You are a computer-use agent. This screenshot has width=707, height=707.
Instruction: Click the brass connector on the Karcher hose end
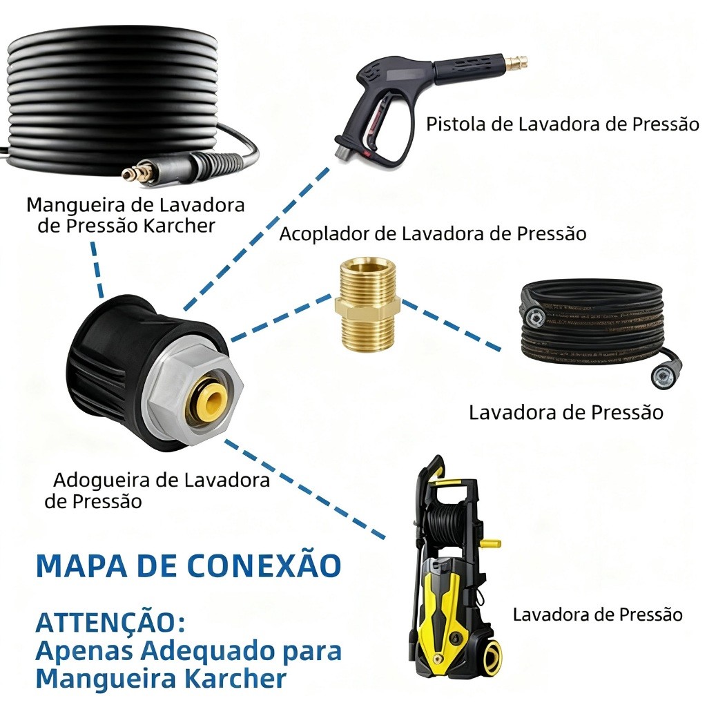(x=135, y=174)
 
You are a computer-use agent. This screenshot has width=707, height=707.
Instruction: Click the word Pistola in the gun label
(x=456, y=124)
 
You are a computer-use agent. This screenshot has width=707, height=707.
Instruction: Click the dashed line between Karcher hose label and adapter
(x=97, y=270)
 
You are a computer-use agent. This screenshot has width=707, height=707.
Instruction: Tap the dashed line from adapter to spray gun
(x=255, y=238)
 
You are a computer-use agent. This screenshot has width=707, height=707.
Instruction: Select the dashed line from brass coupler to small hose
(x=451, y=325)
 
